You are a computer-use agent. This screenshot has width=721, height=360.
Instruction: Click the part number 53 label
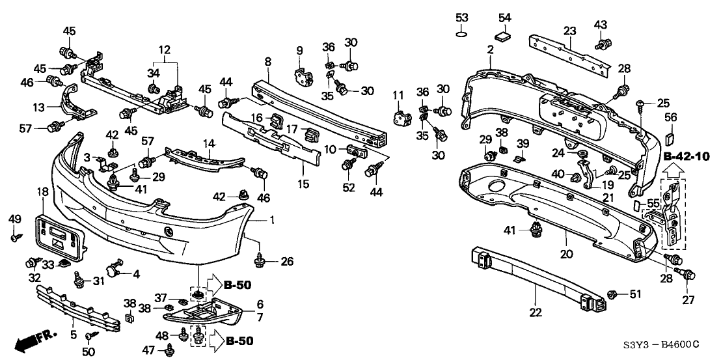pyautogui.click(x=461, y=16)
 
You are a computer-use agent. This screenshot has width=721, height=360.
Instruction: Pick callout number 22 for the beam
pyautogui.click(x=536, y=312)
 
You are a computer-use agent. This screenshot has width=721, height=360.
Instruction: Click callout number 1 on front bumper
pyautogui.click(x=272, y=221)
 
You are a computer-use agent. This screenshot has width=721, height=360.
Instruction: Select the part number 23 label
pyautogui.click(x=570, y=30)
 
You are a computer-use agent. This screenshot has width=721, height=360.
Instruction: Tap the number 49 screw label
pyautogui.click(x=14, y=218)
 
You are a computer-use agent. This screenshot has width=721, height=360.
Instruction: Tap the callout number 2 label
pyautogui.click(x=490, y=48)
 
